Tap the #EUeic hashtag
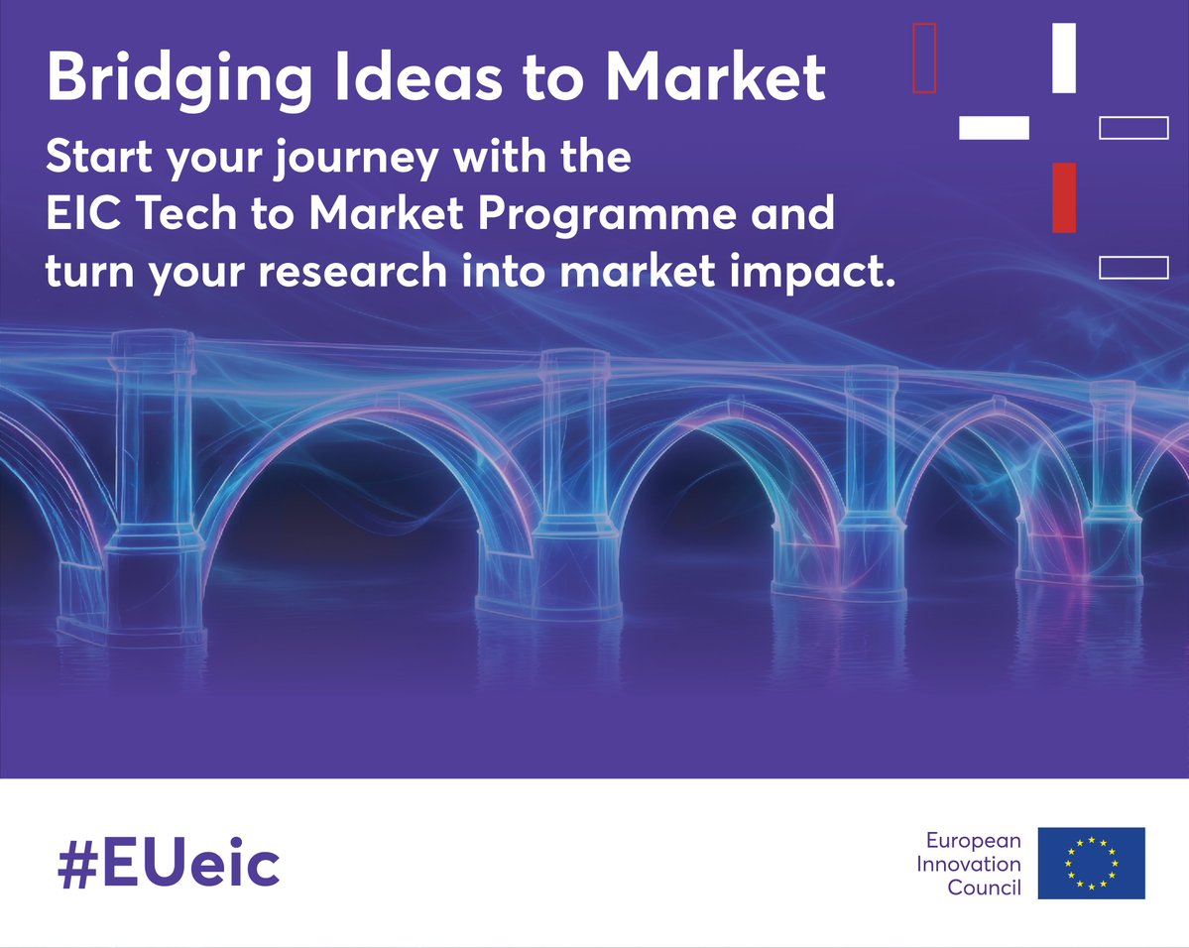pyautogui.click(x=169, y=865)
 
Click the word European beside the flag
pyautogui.click(x=973, y=841)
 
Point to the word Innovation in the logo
pyautogui.click(x=967, y=864)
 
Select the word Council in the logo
pyautogui.click(x=984, y=888)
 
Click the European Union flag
pyautogui.click(x=1091, y=863)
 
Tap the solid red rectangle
pyautogui.click(x=1064, y=197)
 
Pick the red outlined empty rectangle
pyautogui.click(x=924, y=58)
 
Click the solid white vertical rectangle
pyautogui.click(x=1064, y=58)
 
